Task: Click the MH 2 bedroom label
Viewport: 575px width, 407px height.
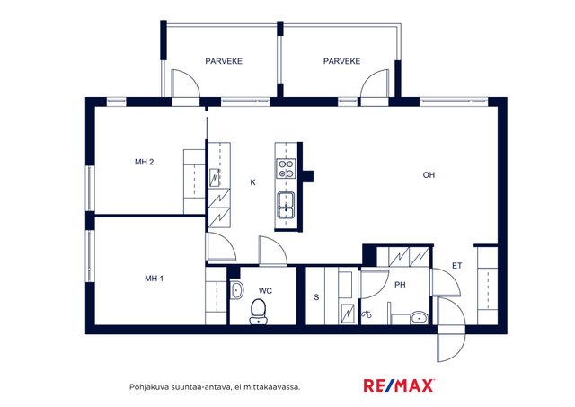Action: pyautogui.click(x=144, y=162)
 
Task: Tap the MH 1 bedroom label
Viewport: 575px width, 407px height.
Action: pyautogui.click(x=154, y=279)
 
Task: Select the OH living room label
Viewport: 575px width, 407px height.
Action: pyautogui.click(x=429, y=175)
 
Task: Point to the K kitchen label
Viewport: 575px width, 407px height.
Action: pyautogui.click(x=252, y=182)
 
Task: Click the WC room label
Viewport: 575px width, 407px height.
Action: pyautogui.click(x=265, y=291)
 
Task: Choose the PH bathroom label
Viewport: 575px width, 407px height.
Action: pyautogui.click(x=400, y=285)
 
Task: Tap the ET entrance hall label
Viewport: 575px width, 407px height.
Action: pyautogui.click(x=457, y=265)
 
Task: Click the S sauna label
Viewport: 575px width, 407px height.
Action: pyautogui.click(x=316, y=297)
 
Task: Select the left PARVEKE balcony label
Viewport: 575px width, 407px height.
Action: pyautogui.click(x=224, y=61)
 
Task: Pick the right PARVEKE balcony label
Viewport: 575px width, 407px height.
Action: pyautogui.click(x=341, y=61)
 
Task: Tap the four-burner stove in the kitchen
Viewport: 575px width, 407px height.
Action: pyautogui.click(x=286, y=168)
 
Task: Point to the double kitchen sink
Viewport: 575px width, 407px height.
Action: pyautogui.click(x=286, y=205)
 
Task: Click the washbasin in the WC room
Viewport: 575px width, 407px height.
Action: pyautogui.click(x=237, y=290)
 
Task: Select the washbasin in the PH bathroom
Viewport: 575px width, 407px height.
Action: pyautogui.click(x=420, y=317)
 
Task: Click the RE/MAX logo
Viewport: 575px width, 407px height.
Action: pyautogui.click(x=399, y=385)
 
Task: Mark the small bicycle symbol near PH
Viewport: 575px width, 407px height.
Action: pyautogui.click(x=367, y=314)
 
